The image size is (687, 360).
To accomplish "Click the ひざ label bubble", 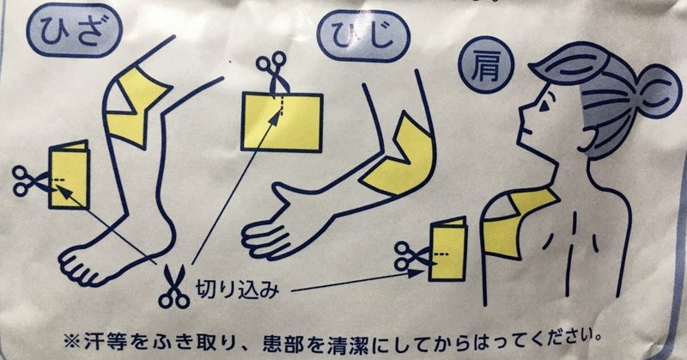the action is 74,31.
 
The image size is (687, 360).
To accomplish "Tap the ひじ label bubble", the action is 363,36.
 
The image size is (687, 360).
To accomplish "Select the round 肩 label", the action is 485,65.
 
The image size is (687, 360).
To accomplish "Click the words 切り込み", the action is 237,289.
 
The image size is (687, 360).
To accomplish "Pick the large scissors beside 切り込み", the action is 174,287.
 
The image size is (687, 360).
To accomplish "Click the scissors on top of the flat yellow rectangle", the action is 272,70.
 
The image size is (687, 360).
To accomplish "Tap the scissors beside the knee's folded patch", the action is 30,180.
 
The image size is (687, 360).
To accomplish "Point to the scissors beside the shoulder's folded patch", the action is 412,256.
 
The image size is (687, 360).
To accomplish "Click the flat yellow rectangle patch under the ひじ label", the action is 283,121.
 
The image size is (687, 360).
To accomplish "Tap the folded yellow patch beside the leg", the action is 70,174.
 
